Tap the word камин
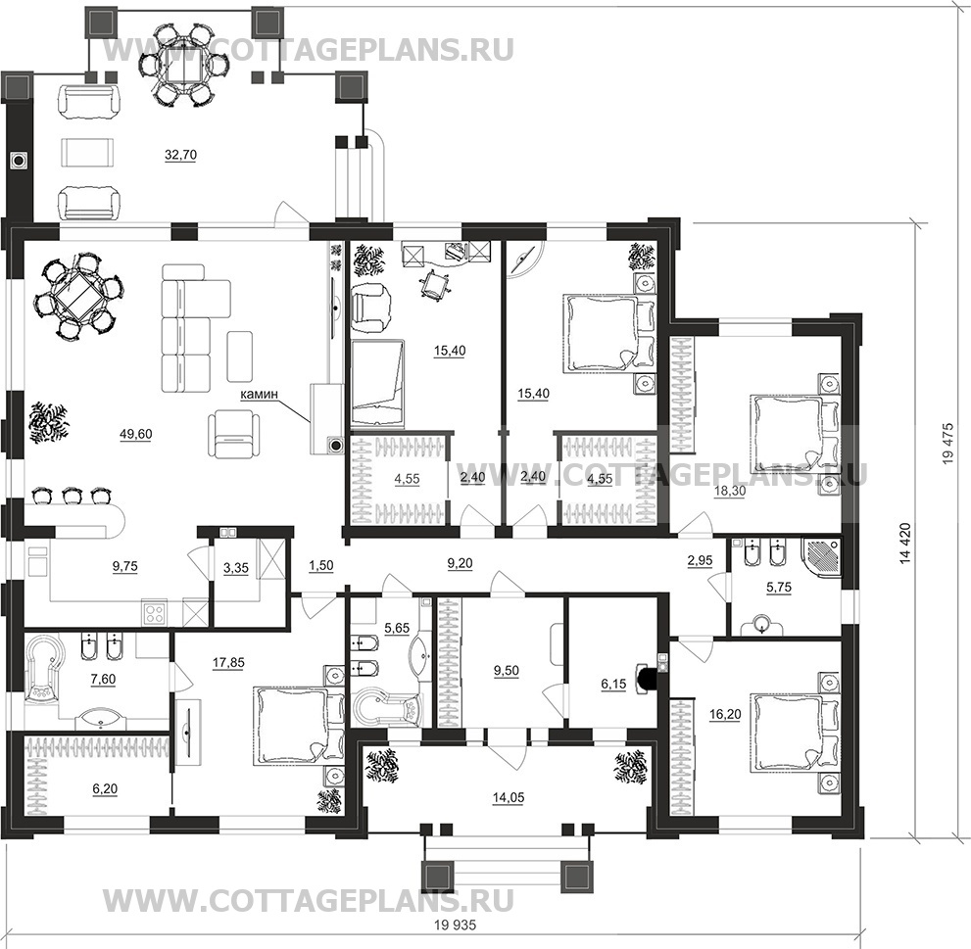coord(261,394)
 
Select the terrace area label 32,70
coord(178,153)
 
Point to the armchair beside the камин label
coord(232,433)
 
